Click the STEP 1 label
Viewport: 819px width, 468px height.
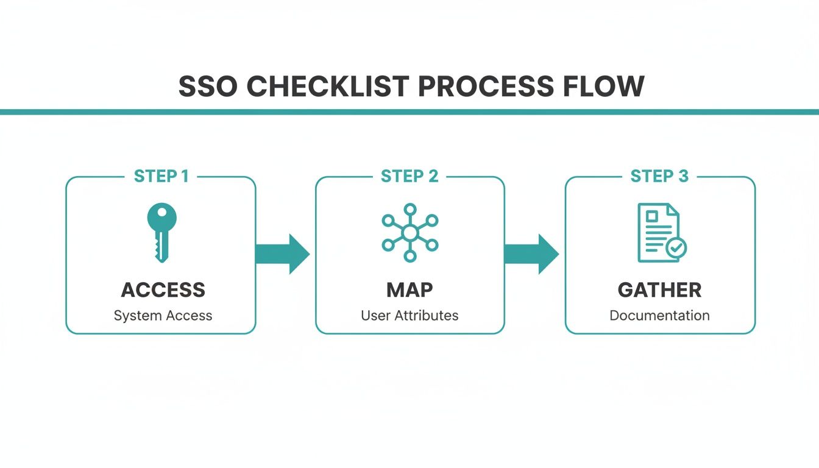pos(161,177)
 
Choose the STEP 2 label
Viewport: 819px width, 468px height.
pos(409,177)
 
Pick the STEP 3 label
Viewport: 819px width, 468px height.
pos(659,177)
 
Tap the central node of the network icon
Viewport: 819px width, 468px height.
pos(410,233)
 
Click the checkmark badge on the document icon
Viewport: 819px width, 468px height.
pos(676,247)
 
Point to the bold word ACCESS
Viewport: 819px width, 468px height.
pos(163,290)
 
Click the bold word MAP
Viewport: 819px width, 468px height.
pos(409,290)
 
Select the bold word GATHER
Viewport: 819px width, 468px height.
pos(659,290)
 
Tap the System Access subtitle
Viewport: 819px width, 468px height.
pos(163,316)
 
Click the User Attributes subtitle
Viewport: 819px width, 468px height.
pos(409,316)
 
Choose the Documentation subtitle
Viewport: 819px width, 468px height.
pos(659,316)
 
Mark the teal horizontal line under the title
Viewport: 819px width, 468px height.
pos(409,112)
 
